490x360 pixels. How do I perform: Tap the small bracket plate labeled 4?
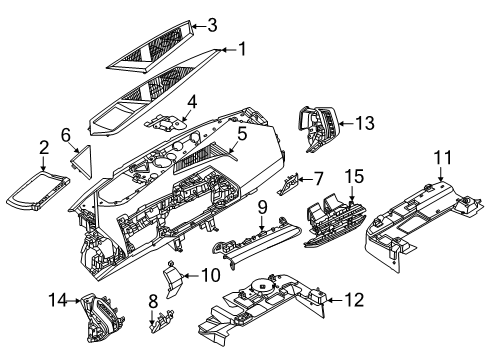coord(167,124)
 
